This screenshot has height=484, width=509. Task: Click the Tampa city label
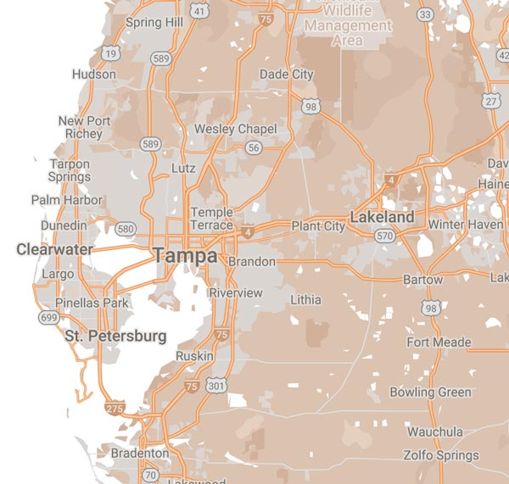(184, 255)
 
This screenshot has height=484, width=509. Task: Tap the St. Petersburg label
(115, 337)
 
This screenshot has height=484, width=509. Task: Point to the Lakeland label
(382, 218)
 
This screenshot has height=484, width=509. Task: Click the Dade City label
(286, 75)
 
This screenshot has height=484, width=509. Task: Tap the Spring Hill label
(154, 22)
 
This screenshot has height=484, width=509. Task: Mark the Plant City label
(318, 226)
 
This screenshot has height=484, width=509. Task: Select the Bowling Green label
(430, 392)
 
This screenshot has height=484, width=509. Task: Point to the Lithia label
(305, 300)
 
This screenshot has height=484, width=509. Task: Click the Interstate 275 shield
(115, 409)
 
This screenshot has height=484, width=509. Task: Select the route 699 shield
(48, 317)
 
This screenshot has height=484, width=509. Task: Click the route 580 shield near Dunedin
(126, 230)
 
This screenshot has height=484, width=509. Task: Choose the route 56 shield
(253, 147)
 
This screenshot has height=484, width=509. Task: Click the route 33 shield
(425, 15)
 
